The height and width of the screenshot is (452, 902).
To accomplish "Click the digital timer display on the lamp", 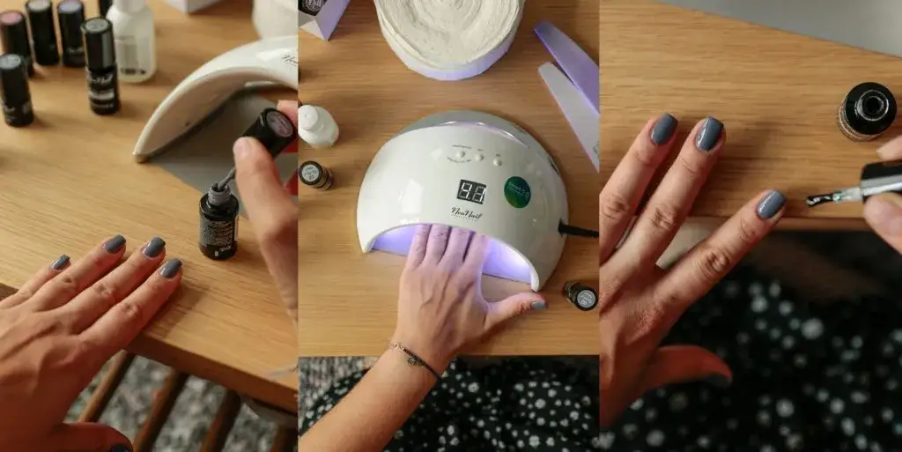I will tap(471, 191).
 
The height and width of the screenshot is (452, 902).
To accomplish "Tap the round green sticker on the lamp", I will tap(517, 192).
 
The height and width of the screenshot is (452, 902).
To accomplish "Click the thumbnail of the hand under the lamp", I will tap(537, 305).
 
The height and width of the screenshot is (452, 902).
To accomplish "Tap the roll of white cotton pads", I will tap(449, 31).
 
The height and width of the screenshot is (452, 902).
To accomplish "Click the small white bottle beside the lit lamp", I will tap(317, 125).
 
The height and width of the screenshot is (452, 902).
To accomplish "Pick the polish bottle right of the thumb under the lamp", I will tap(580, 296).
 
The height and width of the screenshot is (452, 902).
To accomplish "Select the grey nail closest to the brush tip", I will tap(771, 205).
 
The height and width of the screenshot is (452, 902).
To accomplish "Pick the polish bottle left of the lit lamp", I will tap(314, 174).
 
